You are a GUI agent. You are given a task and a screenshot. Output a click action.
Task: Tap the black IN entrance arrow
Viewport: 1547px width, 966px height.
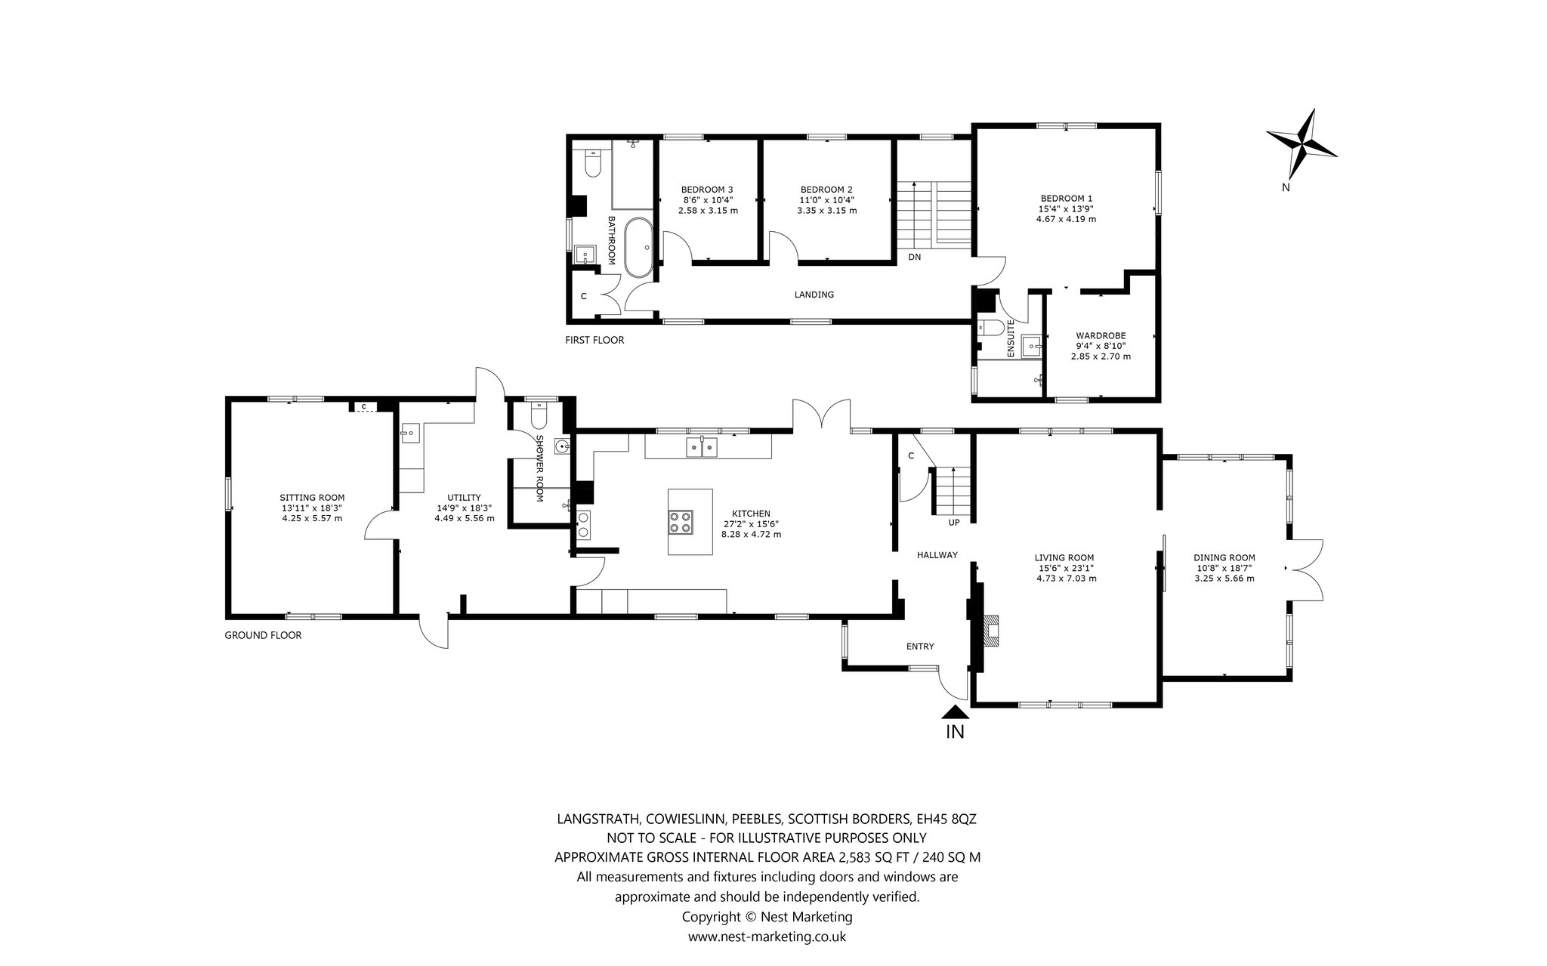pos(956,711)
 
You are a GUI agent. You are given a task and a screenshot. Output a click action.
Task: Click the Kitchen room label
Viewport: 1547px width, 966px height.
pos(751,513)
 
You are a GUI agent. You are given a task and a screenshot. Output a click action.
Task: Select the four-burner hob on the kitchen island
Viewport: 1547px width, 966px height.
pos(680,523)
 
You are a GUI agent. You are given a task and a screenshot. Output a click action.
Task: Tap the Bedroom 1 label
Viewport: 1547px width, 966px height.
pos(1066,198)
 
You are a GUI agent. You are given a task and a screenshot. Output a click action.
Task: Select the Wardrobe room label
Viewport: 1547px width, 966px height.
pos(1101,335)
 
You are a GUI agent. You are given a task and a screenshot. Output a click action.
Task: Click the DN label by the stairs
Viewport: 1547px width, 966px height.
pos(915,257)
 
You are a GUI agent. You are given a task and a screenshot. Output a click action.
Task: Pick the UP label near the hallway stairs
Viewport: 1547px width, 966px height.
pos(954,522)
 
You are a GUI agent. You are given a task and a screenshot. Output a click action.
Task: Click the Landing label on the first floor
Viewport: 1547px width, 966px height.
pos(814,295)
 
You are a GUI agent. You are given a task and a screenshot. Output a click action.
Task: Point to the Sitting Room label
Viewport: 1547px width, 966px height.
pos(312,497)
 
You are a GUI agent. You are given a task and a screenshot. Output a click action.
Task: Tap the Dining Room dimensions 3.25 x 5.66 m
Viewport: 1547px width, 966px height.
pos(1224,579)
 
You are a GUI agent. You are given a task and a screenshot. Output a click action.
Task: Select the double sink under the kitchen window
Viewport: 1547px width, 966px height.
pos(702,447)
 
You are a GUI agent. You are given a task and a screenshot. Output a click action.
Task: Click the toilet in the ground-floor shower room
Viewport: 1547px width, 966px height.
pos(539,416)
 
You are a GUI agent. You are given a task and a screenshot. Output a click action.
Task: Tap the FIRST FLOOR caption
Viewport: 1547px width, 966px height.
pos(594,340)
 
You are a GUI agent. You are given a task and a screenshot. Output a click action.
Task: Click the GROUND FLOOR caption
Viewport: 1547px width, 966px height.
pos(263,635)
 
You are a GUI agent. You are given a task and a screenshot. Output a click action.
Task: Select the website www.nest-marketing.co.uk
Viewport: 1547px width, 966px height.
pos(767,937)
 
